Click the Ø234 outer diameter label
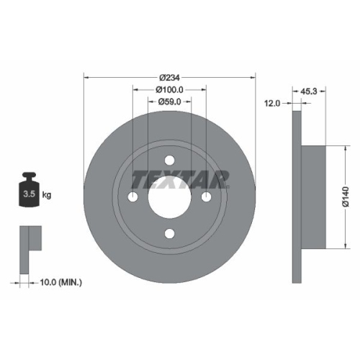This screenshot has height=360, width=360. tap(169, 77)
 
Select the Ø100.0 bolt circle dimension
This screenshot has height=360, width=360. tap(170, 90)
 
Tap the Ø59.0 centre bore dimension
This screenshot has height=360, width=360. tap(170, 102)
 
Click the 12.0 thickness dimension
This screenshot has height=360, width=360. tap(271, 103)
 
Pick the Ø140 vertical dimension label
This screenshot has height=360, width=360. tap(346, 196)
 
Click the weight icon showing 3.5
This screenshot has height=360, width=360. tap(30, 191)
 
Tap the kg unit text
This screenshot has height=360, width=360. tap(47, 195)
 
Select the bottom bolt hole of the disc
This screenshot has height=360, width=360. tap(170, 233)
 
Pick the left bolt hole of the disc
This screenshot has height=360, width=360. tap(134, 197)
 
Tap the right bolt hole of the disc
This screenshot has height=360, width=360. tap(206, 197)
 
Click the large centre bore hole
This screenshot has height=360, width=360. tap(170, 197)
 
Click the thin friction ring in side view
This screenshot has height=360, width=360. tap(295, 196)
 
